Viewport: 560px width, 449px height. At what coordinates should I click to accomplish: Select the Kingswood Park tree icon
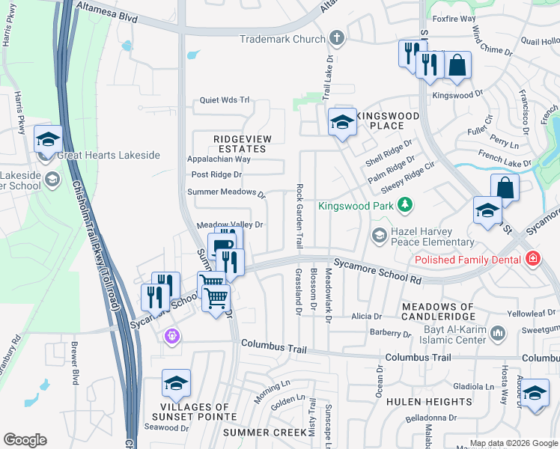pyautogui.click(x=405, y=204)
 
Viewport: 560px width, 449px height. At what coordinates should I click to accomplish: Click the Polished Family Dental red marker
pyautogui.click(x=532, y=259)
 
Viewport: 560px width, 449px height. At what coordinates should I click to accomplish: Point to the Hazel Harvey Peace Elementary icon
pyautogui.click(x=380, y=236)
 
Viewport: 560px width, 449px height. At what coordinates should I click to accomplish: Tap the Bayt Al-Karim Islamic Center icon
pyautogui.click(x=496, y=332)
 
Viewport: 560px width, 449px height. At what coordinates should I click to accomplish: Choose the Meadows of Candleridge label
pyautogui.click(x=438, y=312)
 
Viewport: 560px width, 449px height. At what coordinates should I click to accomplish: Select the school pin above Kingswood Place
pyautogui.click(x=342, y=121)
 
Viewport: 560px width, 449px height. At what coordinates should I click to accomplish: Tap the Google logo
pyautogui.click(x=25, y=440)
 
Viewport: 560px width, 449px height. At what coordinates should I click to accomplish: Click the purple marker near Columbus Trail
pyautogui.click(x=173, y=336)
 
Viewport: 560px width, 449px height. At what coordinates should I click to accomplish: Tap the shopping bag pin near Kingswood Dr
pyautogui.click(x=457, y=65)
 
